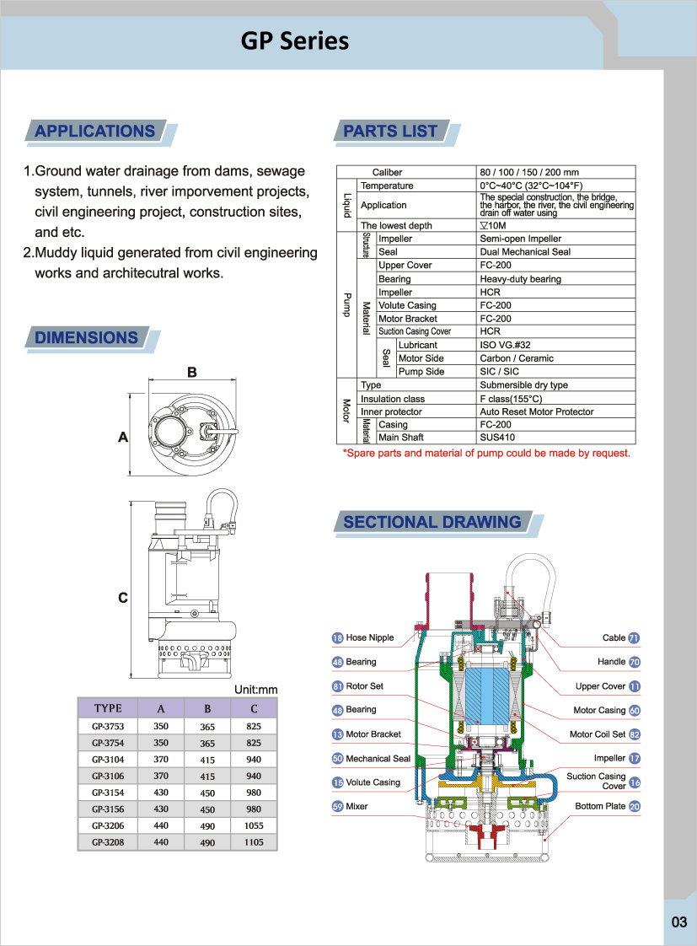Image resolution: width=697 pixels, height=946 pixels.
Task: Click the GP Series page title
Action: (x=295, y=41)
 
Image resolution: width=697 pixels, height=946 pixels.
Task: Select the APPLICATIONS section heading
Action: (x=94, y=131)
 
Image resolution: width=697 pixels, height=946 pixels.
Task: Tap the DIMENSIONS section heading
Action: (x=86, y=337)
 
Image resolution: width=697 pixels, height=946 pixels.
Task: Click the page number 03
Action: (x=679, y=922)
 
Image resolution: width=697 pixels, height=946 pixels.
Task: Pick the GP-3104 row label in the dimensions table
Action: (x=108, y=760)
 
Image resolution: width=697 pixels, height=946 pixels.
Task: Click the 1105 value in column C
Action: (x=254, y=842)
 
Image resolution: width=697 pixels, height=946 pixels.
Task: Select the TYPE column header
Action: (x=108, y=708)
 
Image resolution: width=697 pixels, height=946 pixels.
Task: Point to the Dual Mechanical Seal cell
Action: (x=525, y=252)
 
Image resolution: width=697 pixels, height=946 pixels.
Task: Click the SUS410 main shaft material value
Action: (x=497, y=438)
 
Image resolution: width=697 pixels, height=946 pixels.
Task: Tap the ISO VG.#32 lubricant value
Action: (x=506, y=345)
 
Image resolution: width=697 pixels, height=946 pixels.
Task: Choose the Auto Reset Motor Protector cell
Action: (x=537, y=411)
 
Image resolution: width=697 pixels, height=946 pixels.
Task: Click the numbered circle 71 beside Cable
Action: (x=634, y=637)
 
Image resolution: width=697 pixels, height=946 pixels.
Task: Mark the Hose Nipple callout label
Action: (x=370, y=637)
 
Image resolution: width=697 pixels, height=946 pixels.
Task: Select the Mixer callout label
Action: (x=357, y=806)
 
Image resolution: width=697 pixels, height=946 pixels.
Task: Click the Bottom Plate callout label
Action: (x=600, y=806)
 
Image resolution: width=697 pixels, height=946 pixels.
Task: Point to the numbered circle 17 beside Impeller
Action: (x=635, y=758)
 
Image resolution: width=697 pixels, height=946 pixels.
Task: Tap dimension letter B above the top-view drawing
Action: (x=191, y=373)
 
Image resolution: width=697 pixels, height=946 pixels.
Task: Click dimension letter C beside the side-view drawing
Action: (x=123, y=597)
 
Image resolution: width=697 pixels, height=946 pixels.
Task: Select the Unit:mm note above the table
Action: (x=255, y=690)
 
